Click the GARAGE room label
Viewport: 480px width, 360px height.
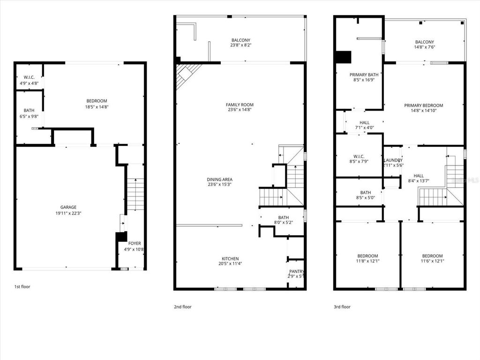(x=68, y=207)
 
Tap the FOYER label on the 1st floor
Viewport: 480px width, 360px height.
(x=135, y=243)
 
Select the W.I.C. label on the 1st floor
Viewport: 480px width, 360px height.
(x=27, y=77)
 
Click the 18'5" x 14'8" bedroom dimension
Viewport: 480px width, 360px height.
(x=97, y=107)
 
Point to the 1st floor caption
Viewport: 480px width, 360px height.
(x=22, y=286)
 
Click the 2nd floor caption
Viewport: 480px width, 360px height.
(x=182, y=307)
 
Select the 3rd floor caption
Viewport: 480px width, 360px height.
(x=342, y=307)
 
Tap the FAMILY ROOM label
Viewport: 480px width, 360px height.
(x=240, y=105)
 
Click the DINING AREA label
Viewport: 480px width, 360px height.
(x=219, y=179)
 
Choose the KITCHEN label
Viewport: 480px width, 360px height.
(x=230, y=258)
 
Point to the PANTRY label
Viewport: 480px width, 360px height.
(x=296, y=271)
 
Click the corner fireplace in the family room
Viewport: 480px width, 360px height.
(x=186, y=75)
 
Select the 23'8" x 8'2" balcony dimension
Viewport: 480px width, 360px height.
(x=241, y=45)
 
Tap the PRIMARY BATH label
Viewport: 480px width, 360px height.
(x=364, y=75)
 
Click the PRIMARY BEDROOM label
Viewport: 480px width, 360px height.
(x=423, y=105)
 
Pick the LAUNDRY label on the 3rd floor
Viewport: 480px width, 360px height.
(x=393, y=160)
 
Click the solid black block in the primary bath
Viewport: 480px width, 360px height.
(x=343, y=57)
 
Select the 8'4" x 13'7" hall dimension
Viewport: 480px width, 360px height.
(x=419, y=181)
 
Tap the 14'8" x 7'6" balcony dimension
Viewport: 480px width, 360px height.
(x=424, y=47)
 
